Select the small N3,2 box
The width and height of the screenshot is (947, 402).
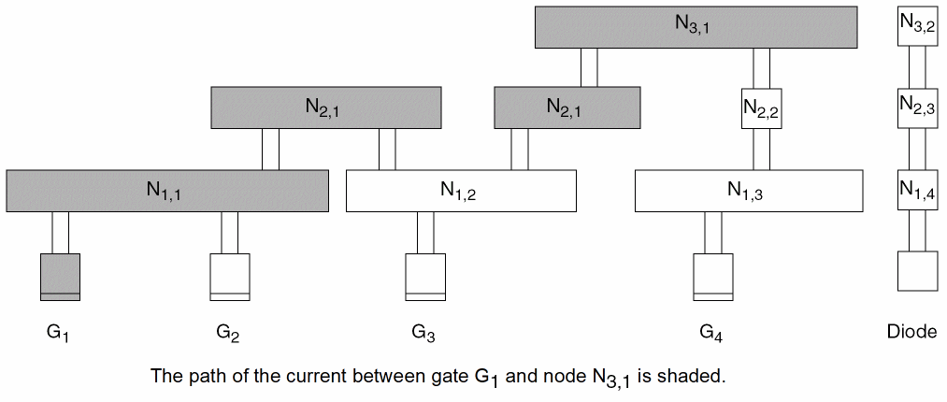(x=917, y=26)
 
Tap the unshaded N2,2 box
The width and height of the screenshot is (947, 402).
(x=761, y=109)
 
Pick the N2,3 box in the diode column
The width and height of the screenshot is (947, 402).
(x=917, y=108)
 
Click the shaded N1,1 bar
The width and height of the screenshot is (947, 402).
(x=167, y=191)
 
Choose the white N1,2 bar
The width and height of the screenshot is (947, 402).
(x=461, y=191)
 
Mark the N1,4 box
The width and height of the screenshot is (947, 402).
(x=917, y=191)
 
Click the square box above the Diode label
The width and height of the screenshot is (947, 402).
(x=917, y=271)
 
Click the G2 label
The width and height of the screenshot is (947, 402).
(x=228, y=331)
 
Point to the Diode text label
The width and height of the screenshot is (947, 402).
(x=911, y=331)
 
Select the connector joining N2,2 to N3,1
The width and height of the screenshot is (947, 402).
(x=761, y=68)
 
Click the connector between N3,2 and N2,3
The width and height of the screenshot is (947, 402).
(x=917, y=68)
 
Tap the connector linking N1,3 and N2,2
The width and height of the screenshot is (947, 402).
(x=761, y=150)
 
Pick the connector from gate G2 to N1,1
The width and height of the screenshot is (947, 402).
(x=230, y=233)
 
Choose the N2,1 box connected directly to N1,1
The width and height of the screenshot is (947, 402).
(x=325, y=108)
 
